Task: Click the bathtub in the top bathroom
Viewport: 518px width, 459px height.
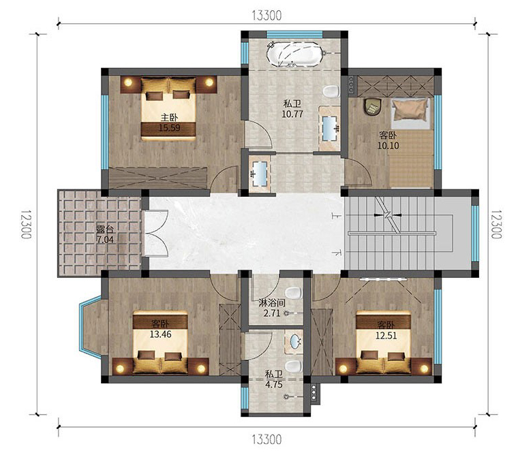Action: [294, 54]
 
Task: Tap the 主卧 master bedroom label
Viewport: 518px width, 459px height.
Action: [169, 117]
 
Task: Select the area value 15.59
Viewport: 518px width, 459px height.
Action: [170, 128]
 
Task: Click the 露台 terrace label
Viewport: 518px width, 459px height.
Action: [105, 229]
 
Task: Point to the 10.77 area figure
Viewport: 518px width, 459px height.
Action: [292, 114]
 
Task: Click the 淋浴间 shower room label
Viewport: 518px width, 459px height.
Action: [272, 303]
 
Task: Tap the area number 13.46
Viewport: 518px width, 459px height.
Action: [161, 334]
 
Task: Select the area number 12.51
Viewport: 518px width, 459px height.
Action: [386, 336]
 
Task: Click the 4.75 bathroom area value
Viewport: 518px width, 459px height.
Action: [273, 385]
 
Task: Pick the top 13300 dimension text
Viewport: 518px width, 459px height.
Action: [266, 15]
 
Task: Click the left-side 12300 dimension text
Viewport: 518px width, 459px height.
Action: [27, 224]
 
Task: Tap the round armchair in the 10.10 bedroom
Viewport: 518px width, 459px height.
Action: [373, 107]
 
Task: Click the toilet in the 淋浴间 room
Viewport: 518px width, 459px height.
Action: [293, 293]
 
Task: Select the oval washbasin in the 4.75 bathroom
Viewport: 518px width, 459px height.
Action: [295, 342]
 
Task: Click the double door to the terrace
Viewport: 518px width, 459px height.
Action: [156, 234]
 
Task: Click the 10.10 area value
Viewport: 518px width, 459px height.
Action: [388, 146]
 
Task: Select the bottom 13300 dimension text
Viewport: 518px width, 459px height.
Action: [266, 439]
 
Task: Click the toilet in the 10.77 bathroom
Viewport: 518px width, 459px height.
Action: [331, 91]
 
